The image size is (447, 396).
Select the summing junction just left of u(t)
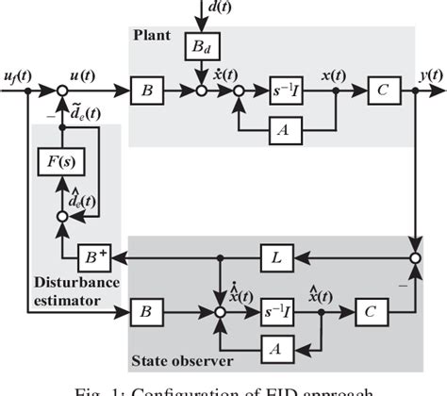[61, 92]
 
